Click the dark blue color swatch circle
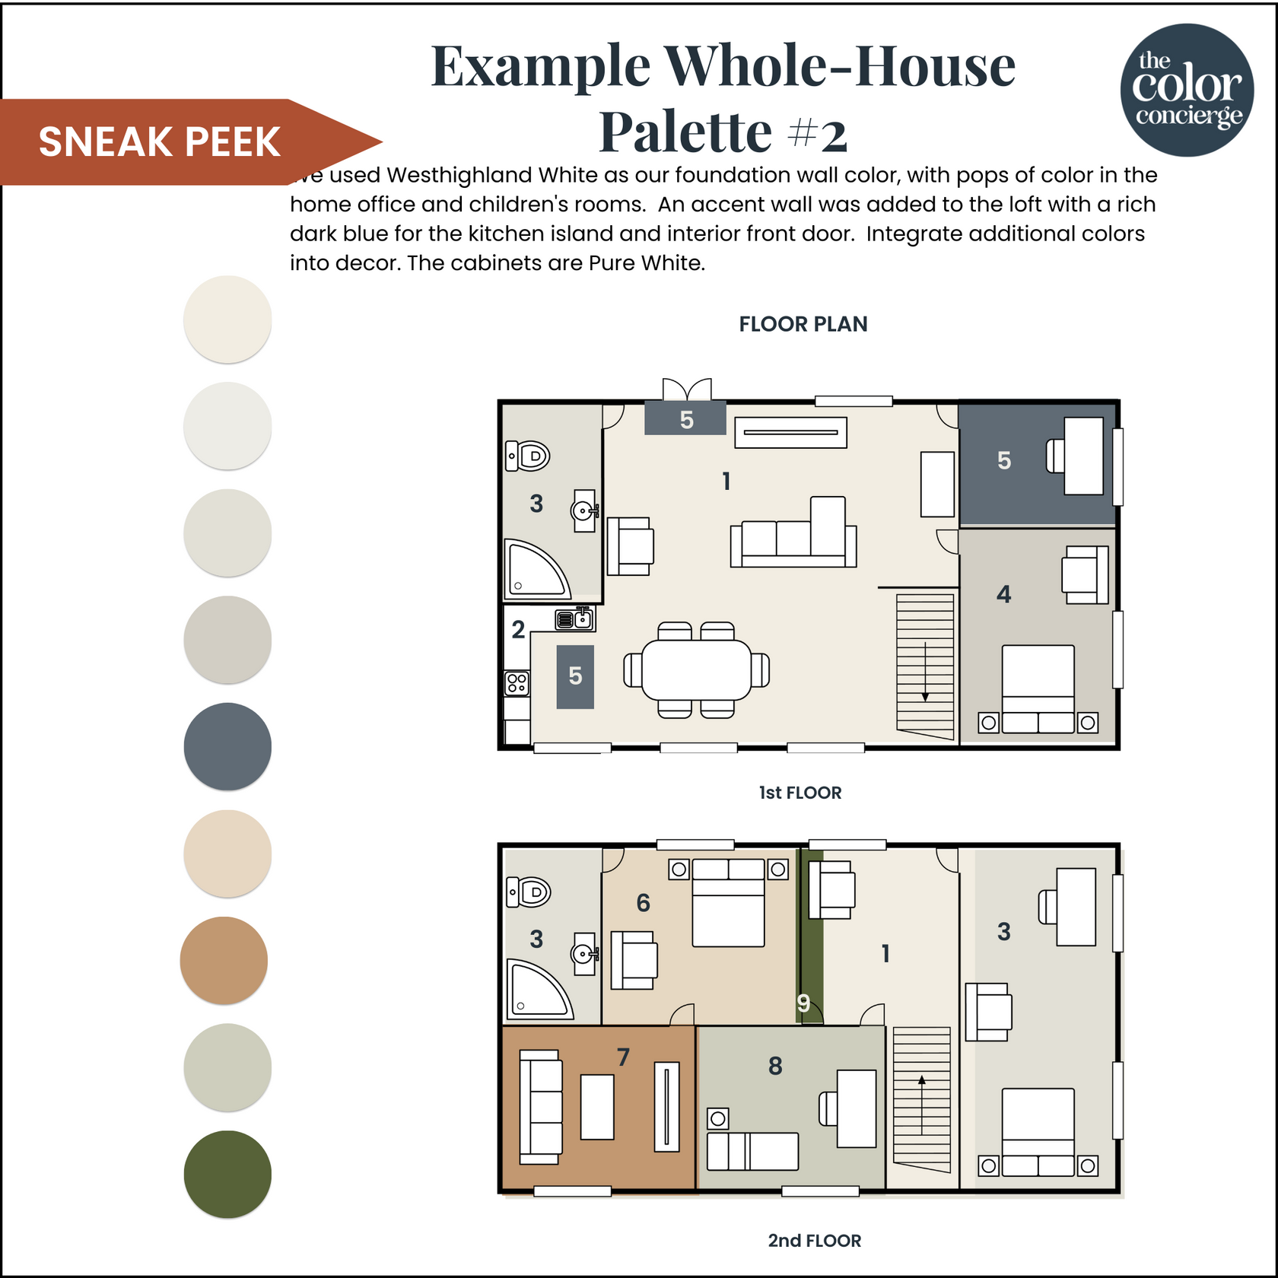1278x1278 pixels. click(227, 746)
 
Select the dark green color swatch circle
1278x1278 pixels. click(227, 1174)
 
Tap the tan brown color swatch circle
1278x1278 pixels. click(224, 960)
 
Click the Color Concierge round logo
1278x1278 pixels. click(1187, 90)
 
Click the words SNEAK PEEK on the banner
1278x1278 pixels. click(160, 142)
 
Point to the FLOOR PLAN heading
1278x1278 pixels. click(803, 324)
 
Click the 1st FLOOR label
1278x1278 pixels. click(800, 793)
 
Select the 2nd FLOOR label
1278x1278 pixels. click(814, 1241)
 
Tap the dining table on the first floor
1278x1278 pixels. click(696, 669)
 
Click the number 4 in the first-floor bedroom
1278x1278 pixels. click(1003, 594)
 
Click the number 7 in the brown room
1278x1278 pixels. click(623, 1057)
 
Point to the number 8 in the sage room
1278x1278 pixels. click(775, 1066)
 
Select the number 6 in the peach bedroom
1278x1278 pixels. click(643, 903)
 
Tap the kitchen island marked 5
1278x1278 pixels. click(575, 676)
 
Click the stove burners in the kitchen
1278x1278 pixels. click(517, 682)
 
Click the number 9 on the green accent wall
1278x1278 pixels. click(803, 1003)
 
